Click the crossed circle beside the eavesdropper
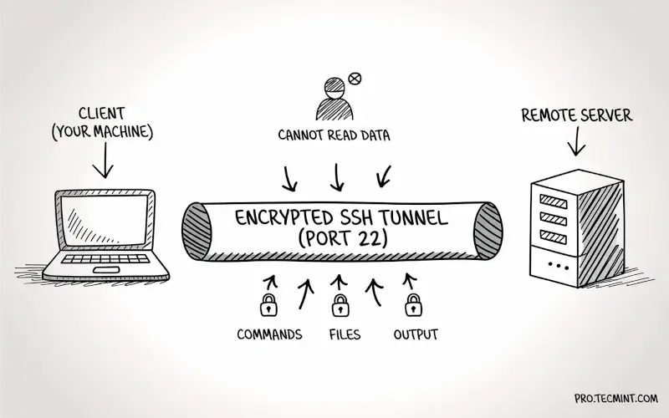(354, 79)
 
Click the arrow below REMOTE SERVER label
(575, 142)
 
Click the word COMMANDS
(269, 335)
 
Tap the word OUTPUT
(416, 335)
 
